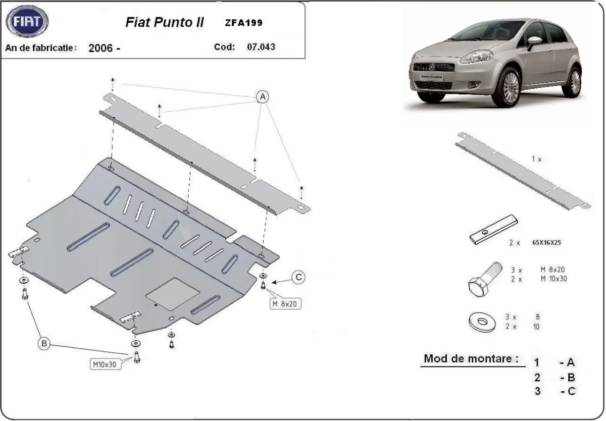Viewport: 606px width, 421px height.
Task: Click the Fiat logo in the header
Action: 28,22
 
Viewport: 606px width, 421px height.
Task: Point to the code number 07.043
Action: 261,47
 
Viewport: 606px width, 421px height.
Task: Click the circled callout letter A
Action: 263,96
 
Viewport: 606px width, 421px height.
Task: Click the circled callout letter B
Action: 44,344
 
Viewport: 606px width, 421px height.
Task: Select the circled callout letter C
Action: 299,277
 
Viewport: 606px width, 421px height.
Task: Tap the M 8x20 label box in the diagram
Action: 286,304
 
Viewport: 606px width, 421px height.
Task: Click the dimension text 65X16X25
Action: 546,242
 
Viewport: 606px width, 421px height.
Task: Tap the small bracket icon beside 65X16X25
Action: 494,230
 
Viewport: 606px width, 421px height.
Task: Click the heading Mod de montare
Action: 471,359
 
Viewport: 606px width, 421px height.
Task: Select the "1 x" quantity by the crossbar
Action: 536,159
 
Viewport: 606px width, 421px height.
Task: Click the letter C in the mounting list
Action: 571,391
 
